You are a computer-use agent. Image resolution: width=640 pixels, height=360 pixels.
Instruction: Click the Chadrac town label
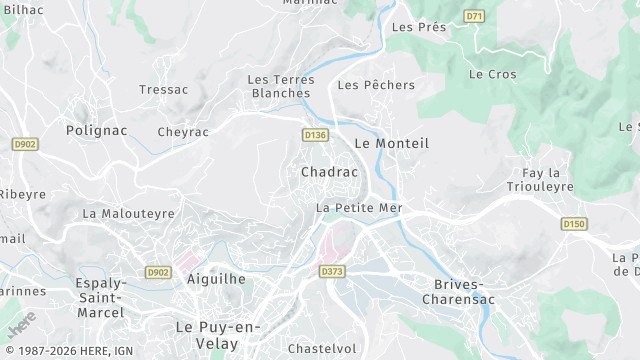pos(329,172)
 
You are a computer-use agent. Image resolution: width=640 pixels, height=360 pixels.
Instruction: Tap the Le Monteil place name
pos(391,143)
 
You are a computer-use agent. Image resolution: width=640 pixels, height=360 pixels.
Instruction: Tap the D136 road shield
pos(315,134)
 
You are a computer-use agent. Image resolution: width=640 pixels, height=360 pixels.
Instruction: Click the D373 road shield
pos(332,271)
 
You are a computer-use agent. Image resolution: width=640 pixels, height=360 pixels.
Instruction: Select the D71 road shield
pos(475,17)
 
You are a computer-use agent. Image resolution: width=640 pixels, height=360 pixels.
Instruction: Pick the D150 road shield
pos(573,224)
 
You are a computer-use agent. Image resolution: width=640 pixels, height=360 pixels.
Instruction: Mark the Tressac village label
pos(164,89)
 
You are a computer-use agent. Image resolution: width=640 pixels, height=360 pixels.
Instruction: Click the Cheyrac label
pos(183,132)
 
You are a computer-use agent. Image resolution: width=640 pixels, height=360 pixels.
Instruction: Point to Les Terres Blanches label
pos(279,86)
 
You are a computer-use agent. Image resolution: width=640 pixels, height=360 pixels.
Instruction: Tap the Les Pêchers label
pos(376,85)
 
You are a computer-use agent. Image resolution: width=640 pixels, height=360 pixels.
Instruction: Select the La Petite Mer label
pos(358,208)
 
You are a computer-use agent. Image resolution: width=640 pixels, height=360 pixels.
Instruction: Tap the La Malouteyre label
pos(128,213)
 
